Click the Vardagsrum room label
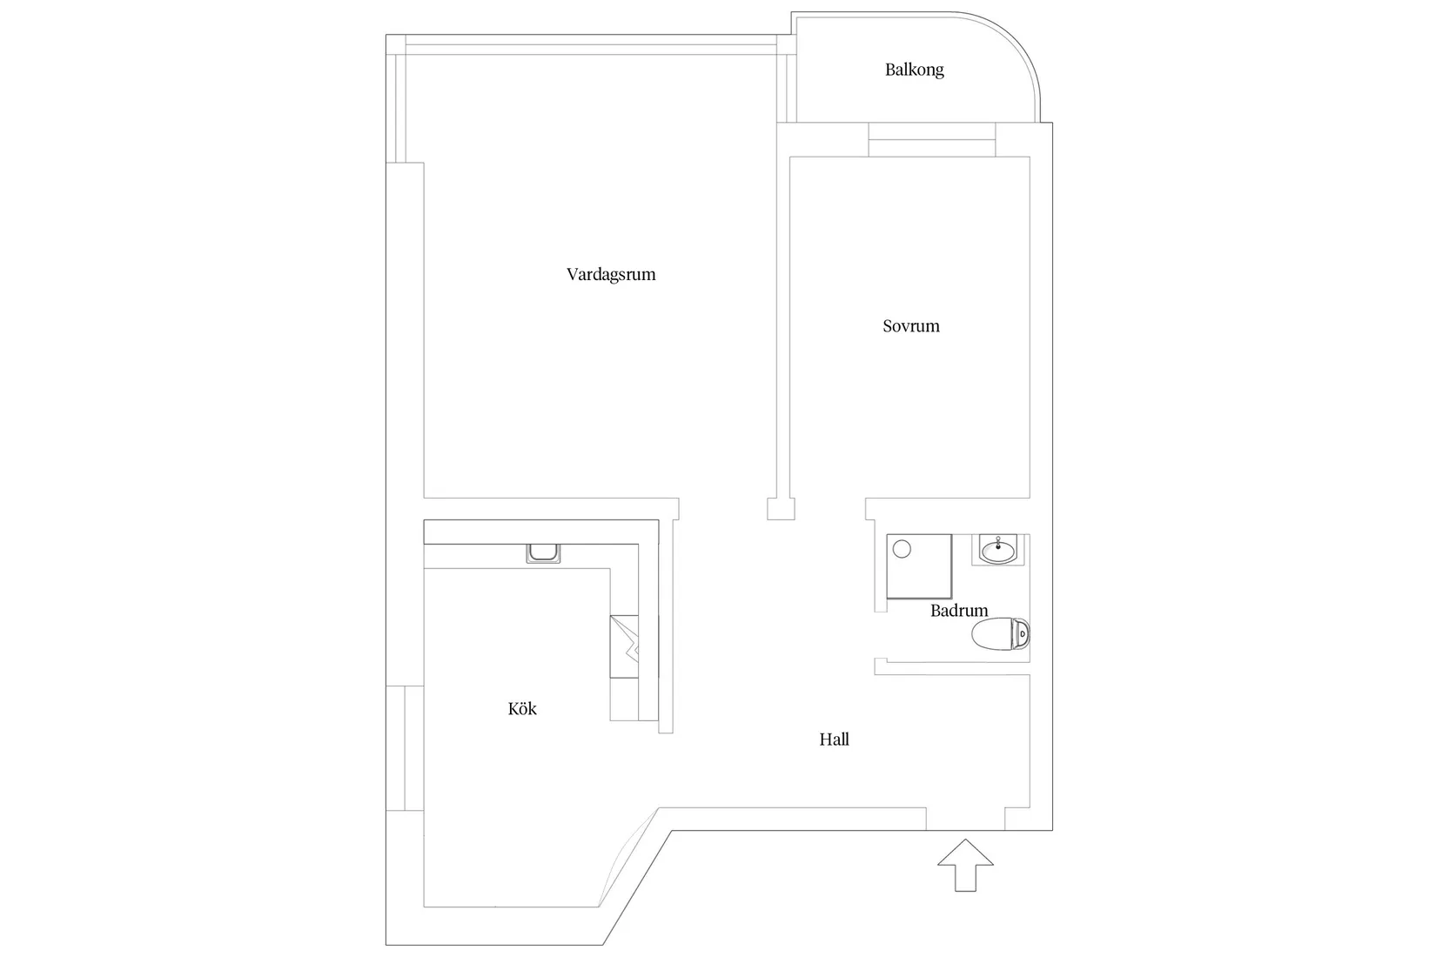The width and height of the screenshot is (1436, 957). tap(611, 275)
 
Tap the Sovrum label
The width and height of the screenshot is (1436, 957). tap(911, 326)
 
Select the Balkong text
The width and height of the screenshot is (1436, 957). tap(914, 70)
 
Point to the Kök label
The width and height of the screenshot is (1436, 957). tap(522, 709)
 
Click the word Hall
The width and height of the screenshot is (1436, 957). tap(834, 739)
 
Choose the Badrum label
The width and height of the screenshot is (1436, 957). tap(959, 611)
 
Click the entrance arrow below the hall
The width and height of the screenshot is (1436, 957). tap(965, 865)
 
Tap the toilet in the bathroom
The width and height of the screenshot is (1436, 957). tap(1001, 634)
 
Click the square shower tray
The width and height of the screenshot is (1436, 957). tap(919, 566)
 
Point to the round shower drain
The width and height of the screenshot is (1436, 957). tap(902, 549)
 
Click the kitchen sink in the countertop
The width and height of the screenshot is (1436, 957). tap(543, 553)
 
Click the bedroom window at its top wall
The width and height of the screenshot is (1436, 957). tap(932, 140)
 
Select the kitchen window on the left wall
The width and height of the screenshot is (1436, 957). tap(404, 748)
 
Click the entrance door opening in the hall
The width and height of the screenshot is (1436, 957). tap(965, 819)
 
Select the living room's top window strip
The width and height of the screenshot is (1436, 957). tap(592, 45)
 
